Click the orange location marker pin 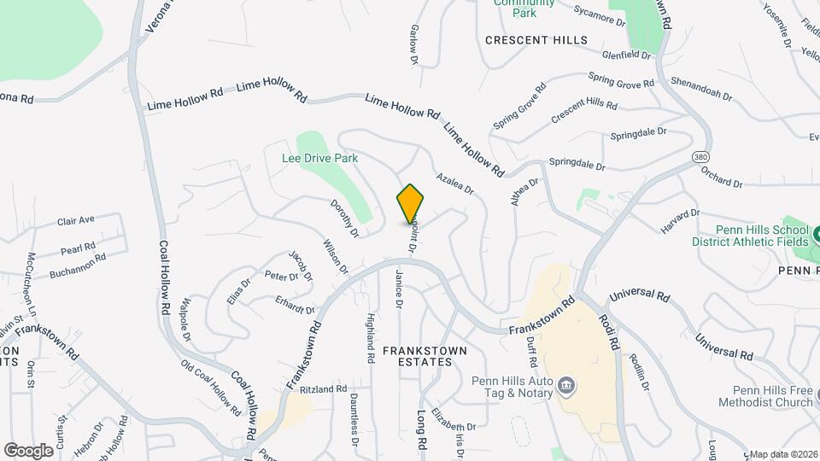[410, 204]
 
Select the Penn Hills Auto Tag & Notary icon [565, 387]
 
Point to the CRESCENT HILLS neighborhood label [536, 40]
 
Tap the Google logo [28, 450]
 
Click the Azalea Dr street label [454, 184]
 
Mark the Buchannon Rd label [77, 265]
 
